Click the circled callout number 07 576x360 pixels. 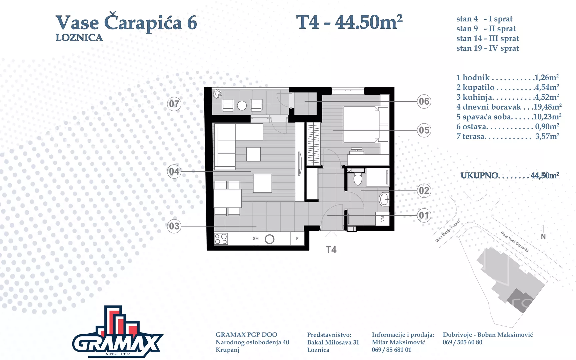point(174,104)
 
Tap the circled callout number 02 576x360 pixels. point(424,191)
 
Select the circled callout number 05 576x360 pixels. point(424,130)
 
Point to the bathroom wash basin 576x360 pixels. point(384,199)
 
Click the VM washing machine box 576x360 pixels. point(382,219)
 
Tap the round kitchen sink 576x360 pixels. point(269,239)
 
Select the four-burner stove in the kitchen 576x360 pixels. point(221,239)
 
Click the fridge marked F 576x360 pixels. point(297,239)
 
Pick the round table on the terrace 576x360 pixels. point(242,106)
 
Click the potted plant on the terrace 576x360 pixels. point(217,94)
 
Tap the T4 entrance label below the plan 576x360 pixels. point(331,250)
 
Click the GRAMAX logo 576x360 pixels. point(118,332)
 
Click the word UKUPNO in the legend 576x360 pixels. point(479,176)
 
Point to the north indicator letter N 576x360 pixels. point(543,236)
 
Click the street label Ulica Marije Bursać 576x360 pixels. point(447,231)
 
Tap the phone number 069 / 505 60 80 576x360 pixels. point(462,342)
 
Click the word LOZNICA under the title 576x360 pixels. point(79,38)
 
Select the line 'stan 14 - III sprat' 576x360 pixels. point(487,39)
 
